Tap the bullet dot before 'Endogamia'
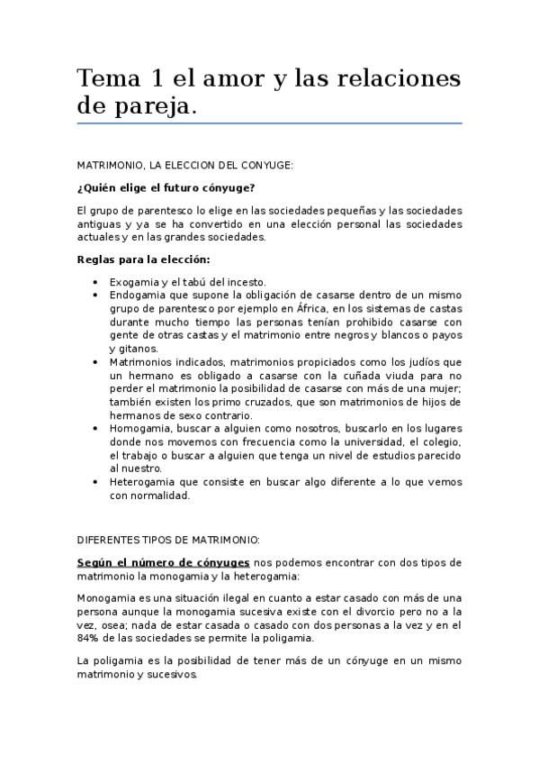point(96,295)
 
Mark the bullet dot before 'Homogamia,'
point(96,429)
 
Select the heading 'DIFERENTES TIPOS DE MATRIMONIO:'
point(168,540)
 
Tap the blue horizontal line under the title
point(269,123)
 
